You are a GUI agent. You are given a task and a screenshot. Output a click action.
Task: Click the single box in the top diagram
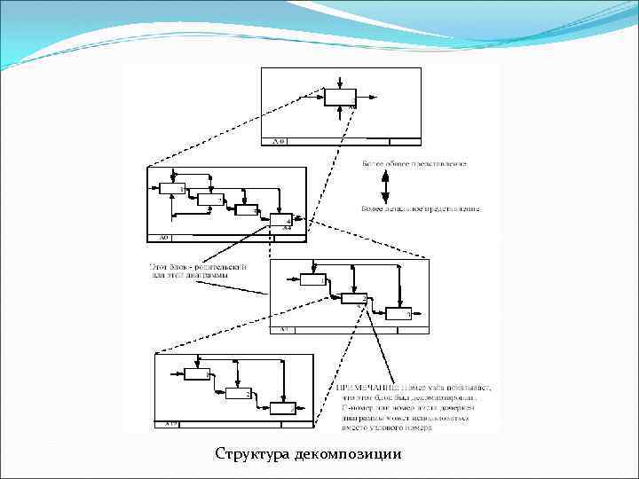click(340, 98)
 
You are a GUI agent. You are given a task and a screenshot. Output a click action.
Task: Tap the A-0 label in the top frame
click(278, 141)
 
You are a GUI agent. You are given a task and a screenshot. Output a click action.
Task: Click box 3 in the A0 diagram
click(246, 209)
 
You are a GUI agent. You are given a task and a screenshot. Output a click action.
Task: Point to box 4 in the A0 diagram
click(280, 220)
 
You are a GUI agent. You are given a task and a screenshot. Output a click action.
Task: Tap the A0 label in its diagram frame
click(163, 238)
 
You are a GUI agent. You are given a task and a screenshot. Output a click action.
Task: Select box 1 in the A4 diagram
click(312, 280)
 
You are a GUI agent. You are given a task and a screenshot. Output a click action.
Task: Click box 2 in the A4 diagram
click(354, 298)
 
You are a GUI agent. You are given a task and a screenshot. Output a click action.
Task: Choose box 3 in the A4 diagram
click(397, 312)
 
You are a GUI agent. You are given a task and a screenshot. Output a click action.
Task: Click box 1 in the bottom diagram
click(196, 375)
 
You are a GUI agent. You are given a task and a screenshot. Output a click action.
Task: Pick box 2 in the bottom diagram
click(237, 393)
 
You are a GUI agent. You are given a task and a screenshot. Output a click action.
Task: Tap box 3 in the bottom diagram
click(282, 408)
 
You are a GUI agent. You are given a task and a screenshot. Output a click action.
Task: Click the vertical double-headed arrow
click(384, 187)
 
